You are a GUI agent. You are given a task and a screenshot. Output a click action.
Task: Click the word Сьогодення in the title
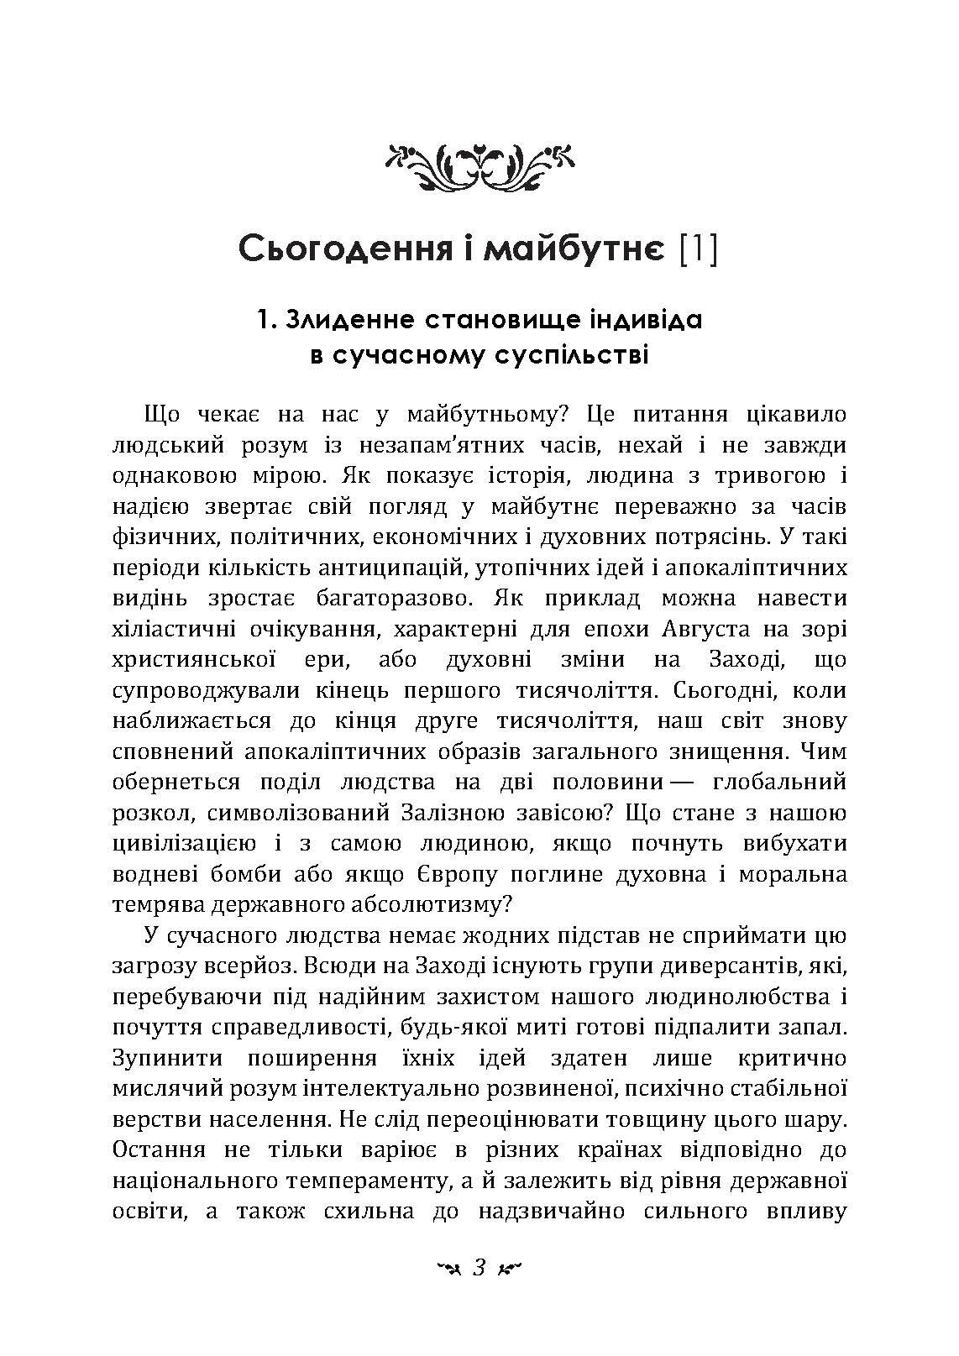[336, 249]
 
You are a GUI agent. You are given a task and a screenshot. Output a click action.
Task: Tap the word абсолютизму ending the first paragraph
[422, 903]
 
